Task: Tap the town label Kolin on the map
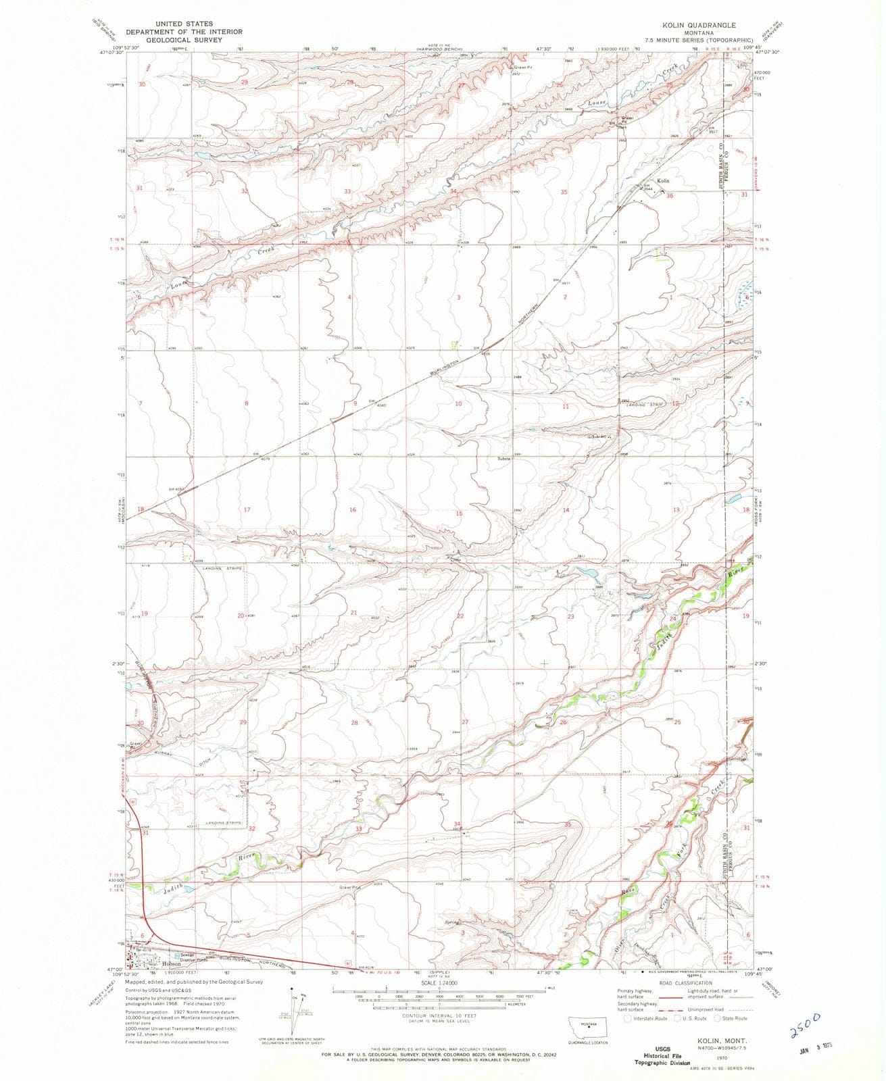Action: pos(663,181)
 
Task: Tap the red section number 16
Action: pos(352,509)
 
